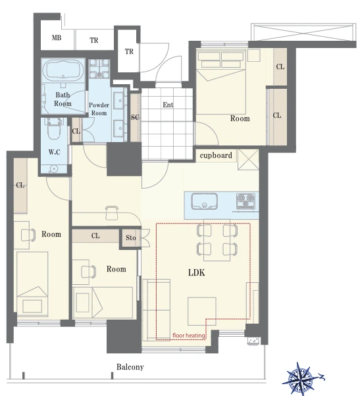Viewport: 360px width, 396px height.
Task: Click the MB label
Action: (57, 37)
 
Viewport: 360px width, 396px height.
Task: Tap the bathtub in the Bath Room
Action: (63, 70)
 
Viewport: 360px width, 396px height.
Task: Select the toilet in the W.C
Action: (54, 128)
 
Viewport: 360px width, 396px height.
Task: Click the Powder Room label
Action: (99, 109)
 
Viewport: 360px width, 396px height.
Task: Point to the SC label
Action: (135, 117)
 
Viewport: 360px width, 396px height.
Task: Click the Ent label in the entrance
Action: (168, 105)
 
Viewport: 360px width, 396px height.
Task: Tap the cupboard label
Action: (216, 155)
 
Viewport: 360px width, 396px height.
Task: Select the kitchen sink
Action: (205, 201)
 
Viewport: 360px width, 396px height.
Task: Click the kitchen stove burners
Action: (245, 200)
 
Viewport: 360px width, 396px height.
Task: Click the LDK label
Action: (196, 272)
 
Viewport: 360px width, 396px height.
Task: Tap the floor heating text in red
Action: (188, 335)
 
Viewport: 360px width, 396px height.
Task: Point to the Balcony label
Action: (130, 366)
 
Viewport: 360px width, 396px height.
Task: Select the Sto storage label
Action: (130, 237)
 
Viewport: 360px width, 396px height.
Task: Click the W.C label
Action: (55, 152)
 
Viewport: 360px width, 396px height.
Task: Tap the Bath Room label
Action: (63, 99)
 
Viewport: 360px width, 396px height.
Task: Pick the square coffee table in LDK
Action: (201, 311)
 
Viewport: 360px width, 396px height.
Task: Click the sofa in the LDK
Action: (157, 310)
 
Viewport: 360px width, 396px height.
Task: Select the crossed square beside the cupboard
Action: (248, 159)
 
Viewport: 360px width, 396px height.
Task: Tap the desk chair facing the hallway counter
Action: (112, 213)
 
